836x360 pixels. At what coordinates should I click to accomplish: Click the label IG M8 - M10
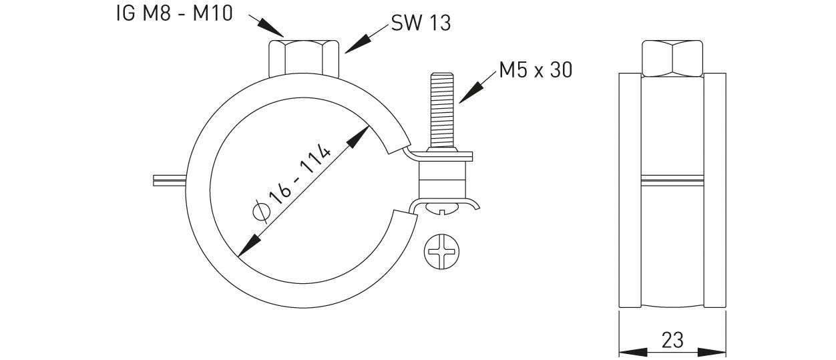pos(173,13)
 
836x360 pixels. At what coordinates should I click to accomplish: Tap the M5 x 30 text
pos(535,69)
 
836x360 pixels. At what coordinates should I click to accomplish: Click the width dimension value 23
pos(672,341)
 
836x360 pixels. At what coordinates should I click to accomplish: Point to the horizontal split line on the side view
pos(672,180)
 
